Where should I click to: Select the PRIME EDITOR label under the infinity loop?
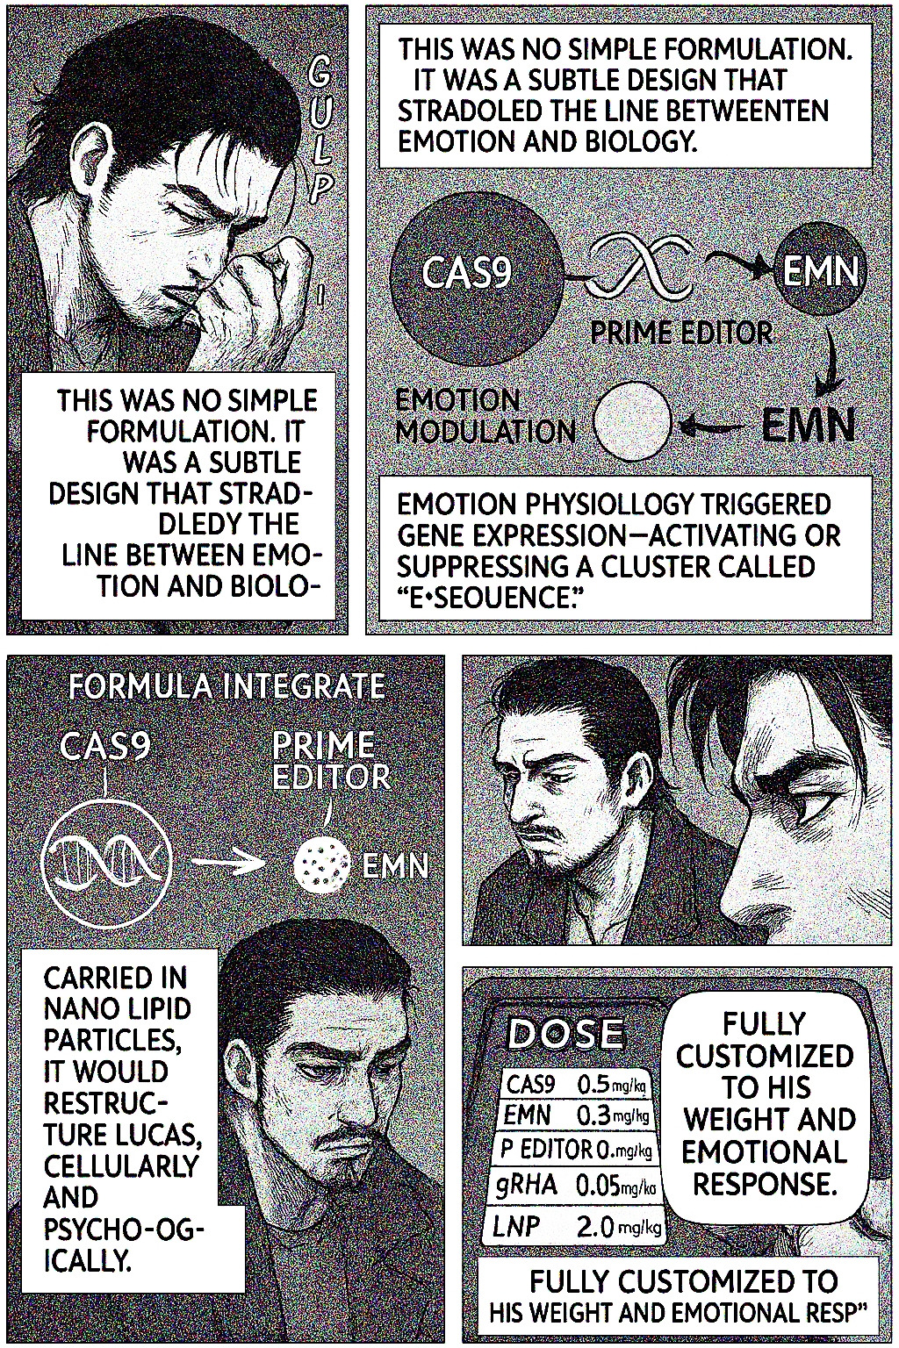[x=681, y=332]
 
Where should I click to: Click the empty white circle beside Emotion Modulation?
[x=632, y=420]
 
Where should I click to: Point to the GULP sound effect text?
[x=320, y=133]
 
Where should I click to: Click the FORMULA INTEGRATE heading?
[x=227, y=687]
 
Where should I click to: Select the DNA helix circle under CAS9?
[x=107, y=864]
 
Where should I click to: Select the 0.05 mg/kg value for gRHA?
[x=615, y=1187]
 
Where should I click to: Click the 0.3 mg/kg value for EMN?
[x=612, y=1117]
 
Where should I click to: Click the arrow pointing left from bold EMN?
[x=714, y=427]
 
